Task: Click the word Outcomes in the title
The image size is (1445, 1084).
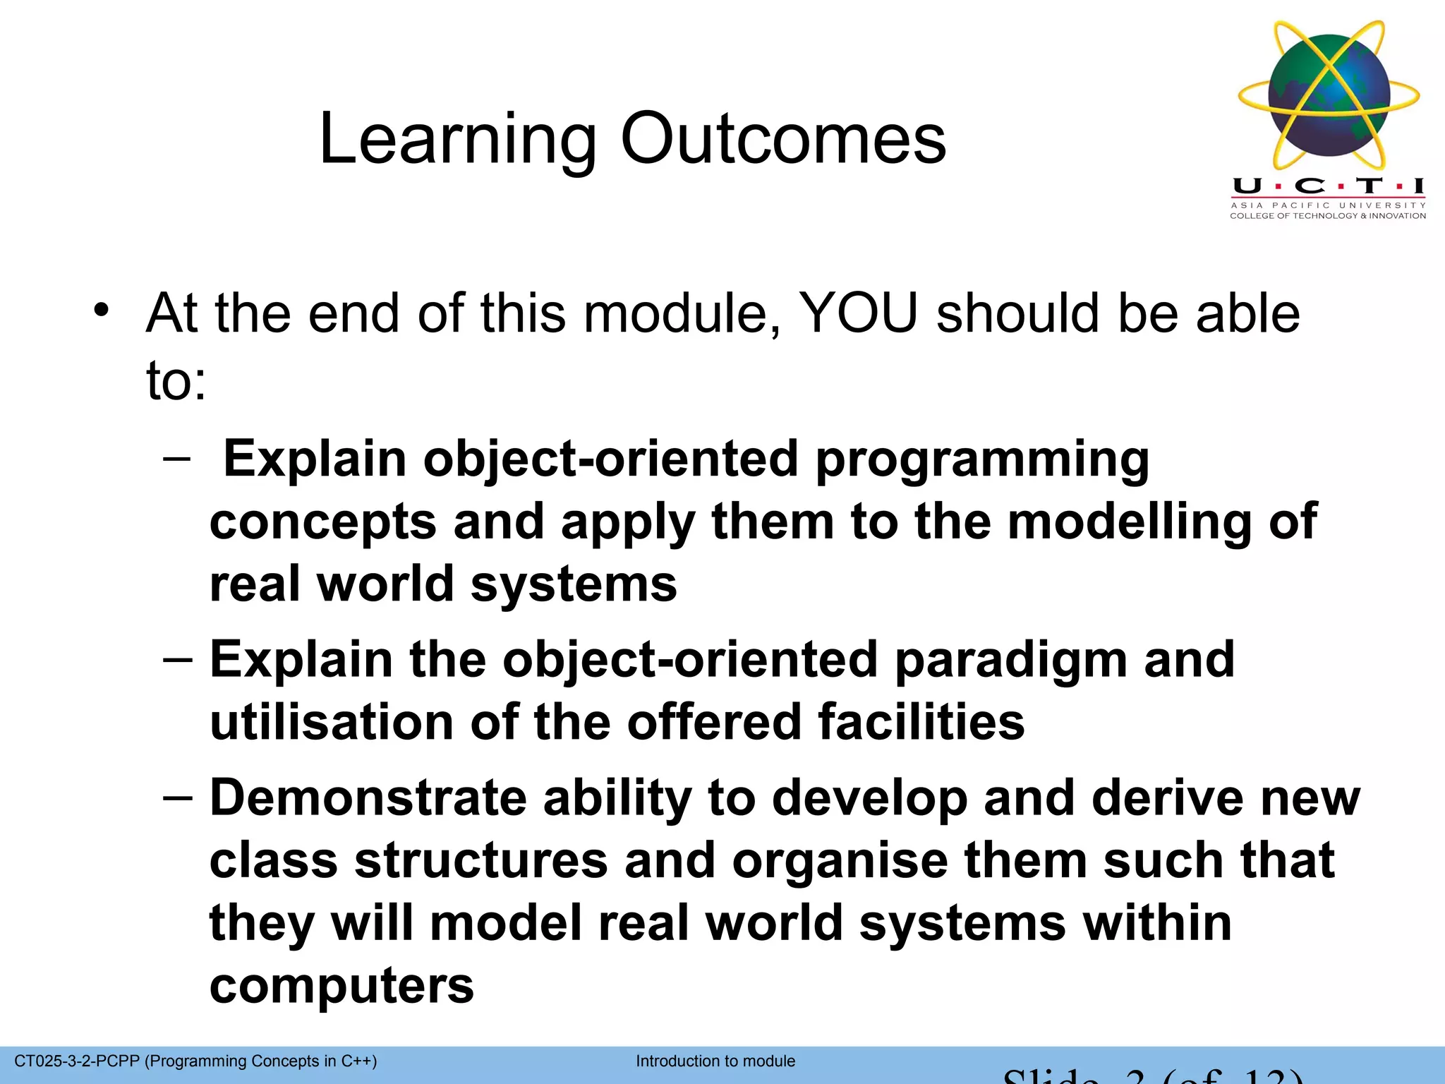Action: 782,139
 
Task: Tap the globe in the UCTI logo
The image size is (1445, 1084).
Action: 1328,95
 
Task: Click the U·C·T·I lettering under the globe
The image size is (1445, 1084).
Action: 1328,186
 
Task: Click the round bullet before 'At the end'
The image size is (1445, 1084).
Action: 102,310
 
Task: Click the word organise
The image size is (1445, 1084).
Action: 840,860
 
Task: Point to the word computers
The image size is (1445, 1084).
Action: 341,986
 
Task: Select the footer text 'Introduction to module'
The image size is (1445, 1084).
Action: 715,1061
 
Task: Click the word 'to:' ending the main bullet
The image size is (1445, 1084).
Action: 176,381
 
